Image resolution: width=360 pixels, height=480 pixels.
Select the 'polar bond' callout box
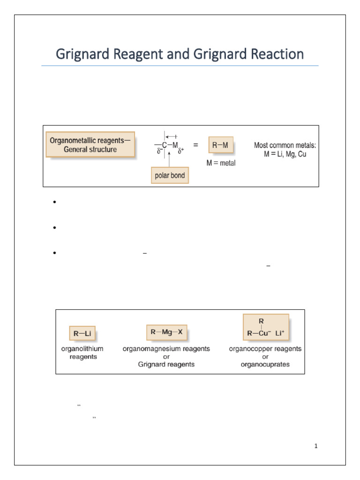[x=170, y=176]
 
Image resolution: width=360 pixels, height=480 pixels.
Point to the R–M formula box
[x=220, y=145]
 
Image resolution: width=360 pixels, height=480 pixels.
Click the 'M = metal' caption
[x=221, y=163]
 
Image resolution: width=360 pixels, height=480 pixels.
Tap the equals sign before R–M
[x=195, y=145]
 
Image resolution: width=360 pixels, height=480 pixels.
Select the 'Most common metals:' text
[x=285, y=145]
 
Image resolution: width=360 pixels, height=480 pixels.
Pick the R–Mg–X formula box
[x=166, y=332]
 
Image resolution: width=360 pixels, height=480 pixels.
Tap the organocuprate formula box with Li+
[x=266, y=329]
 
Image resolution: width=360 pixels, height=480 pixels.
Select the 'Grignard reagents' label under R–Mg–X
[x=166, y=365]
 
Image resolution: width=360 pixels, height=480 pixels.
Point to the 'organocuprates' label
[x=265, y=365]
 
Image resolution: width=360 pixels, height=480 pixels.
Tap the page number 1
[x=316, y=446]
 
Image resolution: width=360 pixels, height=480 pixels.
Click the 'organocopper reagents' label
[x=265, y=349]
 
